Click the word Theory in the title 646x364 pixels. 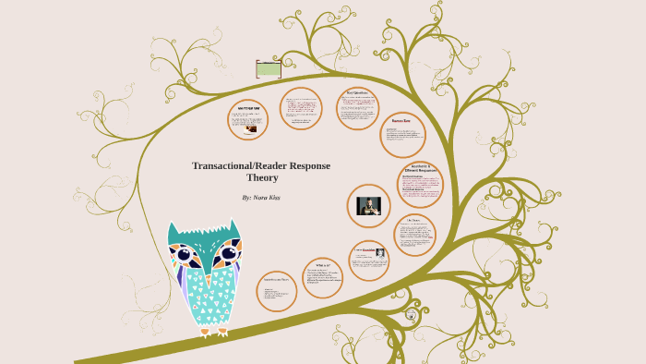[262, 177]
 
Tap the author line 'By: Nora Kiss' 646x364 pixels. [261, 198]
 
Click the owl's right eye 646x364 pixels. [227, 252]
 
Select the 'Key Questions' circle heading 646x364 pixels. [358, 92]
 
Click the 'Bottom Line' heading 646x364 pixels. [401, 121]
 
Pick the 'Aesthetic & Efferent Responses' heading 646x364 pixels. [420, 169]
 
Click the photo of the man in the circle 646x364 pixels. [369, 206]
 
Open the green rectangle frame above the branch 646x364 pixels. [269, 69]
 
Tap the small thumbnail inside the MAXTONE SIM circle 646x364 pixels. [251, 129]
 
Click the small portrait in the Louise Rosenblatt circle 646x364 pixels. [379, 252]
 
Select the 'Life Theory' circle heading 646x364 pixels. [413, 221]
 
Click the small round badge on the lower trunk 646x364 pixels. [411, 315]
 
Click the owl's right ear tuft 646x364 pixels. [233, 226]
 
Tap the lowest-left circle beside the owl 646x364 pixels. [276, 291]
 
